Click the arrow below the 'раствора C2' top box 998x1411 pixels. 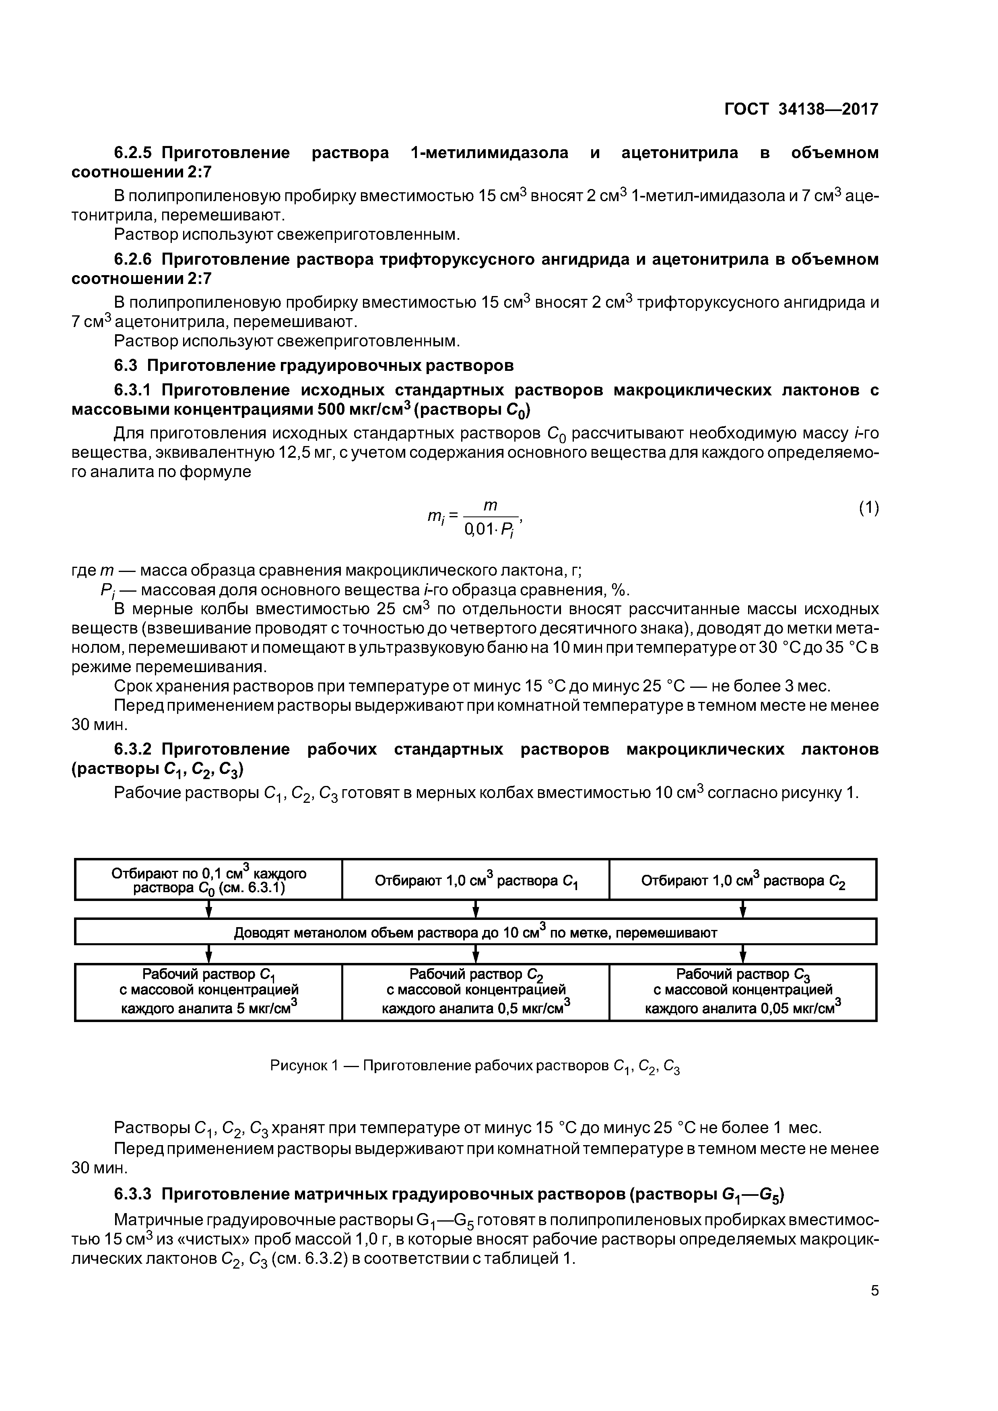[743, 909]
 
